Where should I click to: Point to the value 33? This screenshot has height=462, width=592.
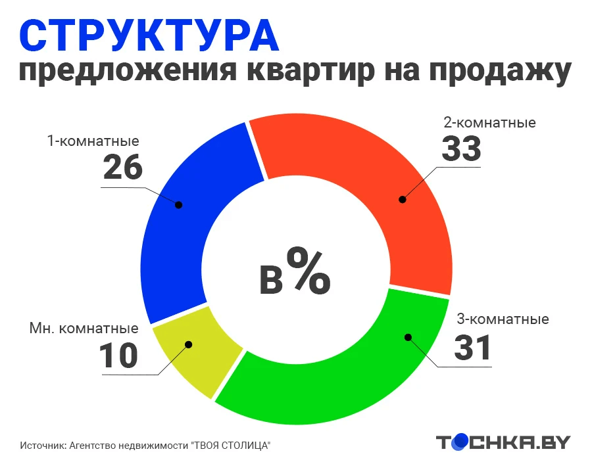click(x=461, y=149)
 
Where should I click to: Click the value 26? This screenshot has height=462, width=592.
click(x=123, y=167)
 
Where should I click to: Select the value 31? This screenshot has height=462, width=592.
click(x=472, y=348)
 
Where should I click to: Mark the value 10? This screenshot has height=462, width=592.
click(x=118, y=356)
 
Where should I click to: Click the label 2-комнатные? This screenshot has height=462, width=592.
click(x=489, y=123)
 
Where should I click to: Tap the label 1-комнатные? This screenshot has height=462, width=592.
click(x=93, y=141)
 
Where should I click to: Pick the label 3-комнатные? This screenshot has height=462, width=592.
click(x=503, y=319)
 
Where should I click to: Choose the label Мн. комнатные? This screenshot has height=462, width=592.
click(x=84, y=329)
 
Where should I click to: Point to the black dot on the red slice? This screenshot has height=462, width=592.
click(x=403, y=200)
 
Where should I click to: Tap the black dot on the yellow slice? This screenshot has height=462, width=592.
click(x=189, y=344)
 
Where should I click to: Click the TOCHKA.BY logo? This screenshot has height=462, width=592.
click(x=503, y=442)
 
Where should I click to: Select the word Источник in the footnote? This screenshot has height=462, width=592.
click(x=43, y=446)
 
